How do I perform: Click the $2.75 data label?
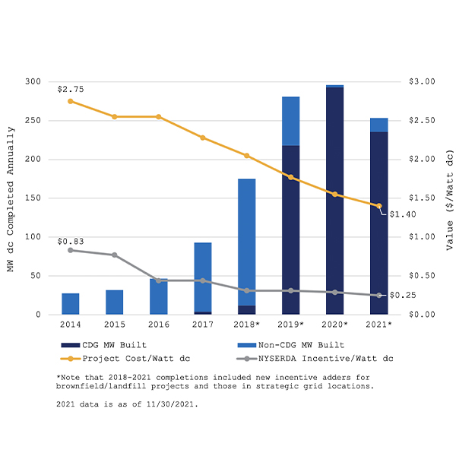click(x=71, y=89)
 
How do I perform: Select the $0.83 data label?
click(x=71, y=241)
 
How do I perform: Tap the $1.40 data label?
click(x=402, y=214)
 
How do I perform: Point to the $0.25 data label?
click(x=402, y=295)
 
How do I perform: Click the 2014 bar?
click(x=71, y=304)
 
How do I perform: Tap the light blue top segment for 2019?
click(x=290, y=121)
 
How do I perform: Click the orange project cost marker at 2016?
click(x=158, y=117)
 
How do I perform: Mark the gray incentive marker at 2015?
click(x=115, y=255)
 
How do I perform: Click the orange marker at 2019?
click(x=290, y=177)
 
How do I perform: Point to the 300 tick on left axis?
click(x=33, y=81)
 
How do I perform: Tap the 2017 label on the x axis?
click(x=202, y=325)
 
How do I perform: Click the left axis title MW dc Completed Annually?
click(x=11, y=198)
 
